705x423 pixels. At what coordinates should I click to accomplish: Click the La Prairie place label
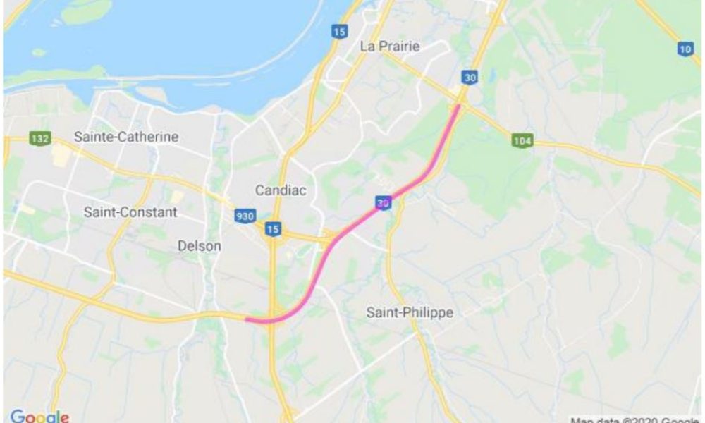pos(389,47)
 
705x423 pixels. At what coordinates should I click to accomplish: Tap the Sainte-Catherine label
pos(126,137)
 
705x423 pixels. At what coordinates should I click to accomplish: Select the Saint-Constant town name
pos(130,211)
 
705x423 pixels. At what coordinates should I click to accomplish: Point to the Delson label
pos(199,246)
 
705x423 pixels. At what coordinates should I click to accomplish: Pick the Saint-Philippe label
pos(410,312)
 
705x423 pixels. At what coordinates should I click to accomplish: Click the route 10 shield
pos(685,48)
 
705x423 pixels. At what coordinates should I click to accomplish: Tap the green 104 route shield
pos(522,141)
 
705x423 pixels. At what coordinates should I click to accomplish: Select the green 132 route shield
pos(40,138)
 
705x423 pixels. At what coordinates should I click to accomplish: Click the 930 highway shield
pos(245,216)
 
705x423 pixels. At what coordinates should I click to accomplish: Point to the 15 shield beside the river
pos(340,32)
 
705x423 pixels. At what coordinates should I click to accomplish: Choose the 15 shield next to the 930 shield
pos(273,229)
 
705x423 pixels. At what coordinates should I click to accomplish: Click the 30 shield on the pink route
pos(383,203)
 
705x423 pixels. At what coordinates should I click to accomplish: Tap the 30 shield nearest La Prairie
pos(468,78)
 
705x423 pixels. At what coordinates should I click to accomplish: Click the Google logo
pos(39,416)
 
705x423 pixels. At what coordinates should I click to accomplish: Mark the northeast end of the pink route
pos(459,106)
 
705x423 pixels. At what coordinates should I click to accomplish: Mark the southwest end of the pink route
pos(247,319)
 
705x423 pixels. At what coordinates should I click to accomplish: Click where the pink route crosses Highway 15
pos(274,321)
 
